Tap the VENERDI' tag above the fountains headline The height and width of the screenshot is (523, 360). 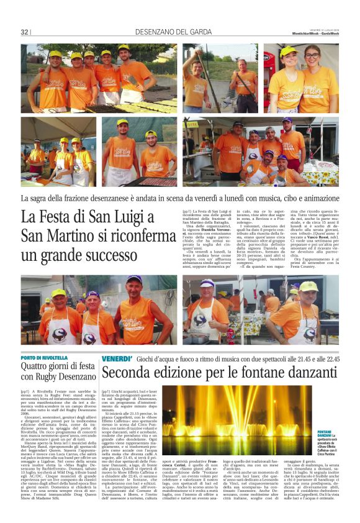point(117,360)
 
